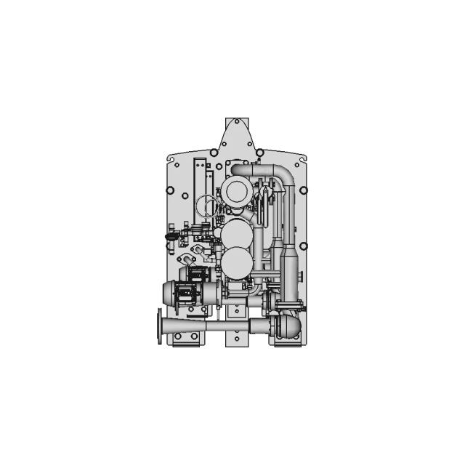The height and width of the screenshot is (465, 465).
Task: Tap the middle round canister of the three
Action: coord(236,234)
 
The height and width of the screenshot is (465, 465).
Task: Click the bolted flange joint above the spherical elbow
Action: coord(284,304)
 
